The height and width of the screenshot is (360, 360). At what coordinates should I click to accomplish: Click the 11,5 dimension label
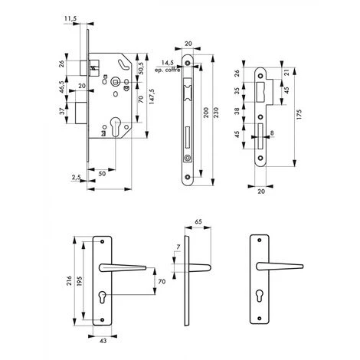(70, 18)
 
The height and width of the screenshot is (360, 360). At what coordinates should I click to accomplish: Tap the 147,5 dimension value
(152, 97)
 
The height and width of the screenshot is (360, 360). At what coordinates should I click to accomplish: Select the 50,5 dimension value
(141, 68)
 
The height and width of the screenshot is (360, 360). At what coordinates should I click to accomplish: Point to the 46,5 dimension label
(61, 87)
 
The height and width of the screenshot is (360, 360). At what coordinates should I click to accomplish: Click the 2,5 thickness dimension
(76, 177)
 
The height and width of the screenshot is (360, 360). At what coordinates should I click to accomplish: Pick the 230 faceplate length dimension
(217, 113)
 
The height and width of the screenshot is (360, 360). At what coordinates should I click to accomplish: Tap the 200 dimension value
(206, 113)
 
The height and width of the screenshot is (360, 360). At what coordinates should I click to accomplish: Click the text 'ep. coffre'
(168, 70)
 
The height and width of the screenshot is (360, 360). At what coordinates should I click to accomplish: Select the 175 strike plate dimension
(299, 115)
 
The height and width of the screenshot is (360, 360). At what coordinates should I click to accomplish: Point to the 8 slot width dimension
(272, 133)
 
